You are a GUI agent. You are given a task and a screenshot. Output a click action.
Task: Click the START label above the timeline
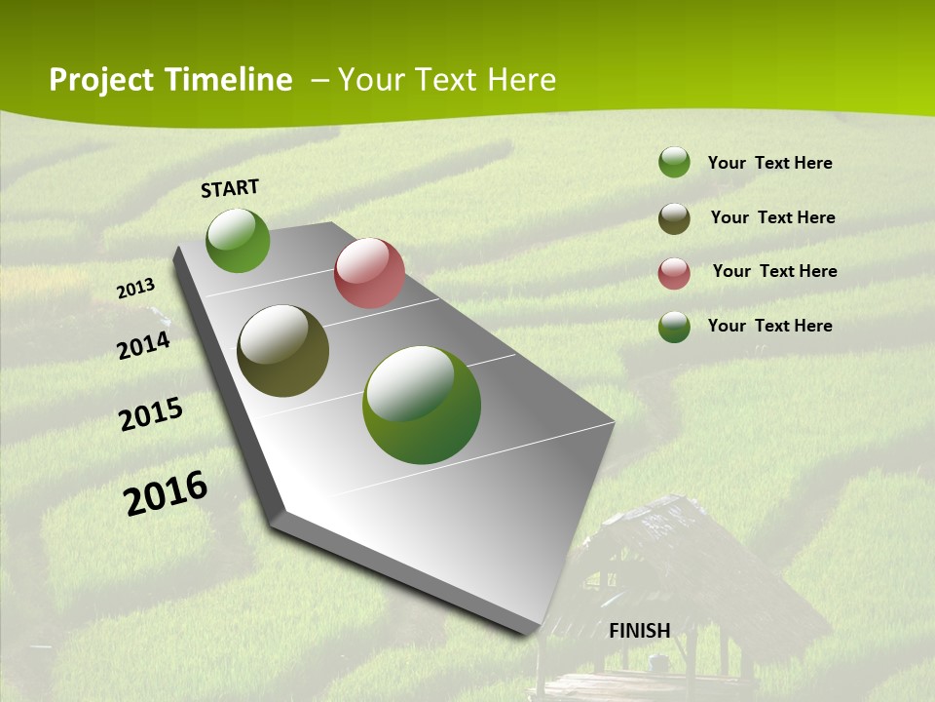[x=230, y=188]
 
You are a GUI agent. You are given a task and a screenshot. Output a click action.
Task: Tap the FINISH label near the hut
[x=639, y=631]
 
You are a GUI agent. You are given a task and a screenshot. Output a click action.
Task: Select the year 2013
[x=136, y=289]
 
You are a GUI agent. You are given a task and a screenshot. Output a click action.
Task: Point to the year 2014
[x=144, y=345]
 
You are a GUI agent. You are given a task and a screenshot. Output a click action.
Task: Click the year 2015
[x=151, y=415]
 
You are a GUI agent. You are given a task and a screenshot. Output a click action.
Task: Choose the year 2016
[x=166, y=493]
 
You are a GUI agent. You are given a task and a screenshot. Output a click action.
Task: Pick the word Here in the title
[x=521, y=80]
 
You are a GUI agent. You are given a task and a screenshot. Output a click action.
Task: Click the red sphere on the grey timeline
[x=369, y=273]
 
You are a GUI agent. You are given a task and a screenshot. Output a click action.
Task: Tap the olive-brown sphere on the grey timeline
[x=282, y=351]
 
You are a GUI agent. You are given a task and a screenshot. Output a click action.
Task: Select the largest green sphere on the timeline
[x=422, y=405]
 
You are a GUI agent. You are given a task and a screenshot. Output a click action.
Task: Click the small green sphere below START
[x=238, y=240]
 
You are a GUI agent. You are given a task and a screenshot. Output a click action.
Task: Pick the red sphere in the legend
[x=674, y=273]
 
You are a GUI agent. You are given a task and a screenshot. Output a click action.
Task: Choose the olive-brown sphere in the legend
[x=674, y=218]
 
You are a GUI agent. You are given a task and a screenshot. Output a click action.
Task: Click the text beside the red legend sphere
[x=774, y=271]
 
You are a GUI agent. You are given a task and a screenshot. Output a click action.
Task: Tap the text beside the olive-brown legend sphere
[x=772, y=217]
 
